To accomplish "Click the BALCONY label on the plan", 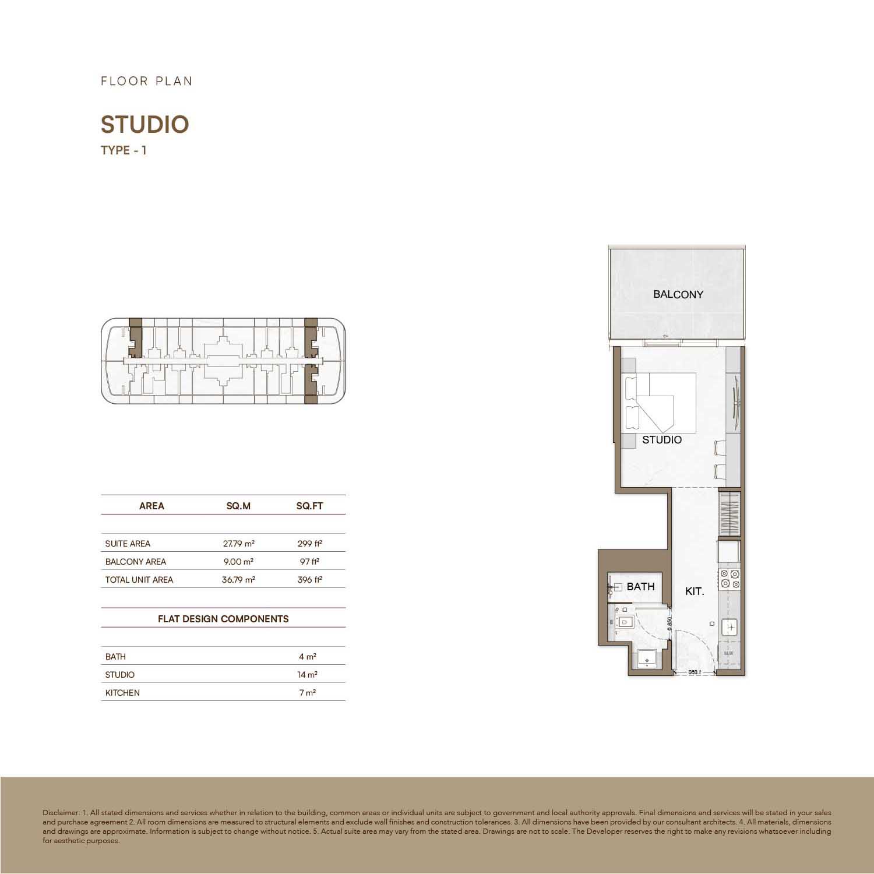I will tap(678, 294).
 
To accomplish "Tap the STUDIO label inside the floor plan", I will tap(661, 440).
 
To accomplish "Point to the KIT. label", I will tap(695, 591).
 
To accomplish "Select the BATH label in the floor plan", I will tap(640, 587).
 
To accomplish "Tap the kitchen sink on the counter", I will tap(730, 627).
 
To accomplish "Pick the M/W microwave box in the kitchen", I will tap(728, 654).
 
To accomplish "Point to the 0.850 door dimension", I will tap(669, 625).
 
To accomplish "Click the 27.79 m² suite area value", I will tap(238, 544).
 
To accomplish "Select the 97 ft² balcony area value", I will tap(309, 562).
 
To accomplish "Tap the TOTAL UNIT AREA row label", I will tap(139, 580).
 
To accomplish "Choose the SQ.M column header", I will tap(238, 506).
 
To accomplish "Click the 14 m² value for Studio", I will tap(307, 675).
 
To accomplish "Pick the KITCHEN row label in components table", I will tap(122, 693).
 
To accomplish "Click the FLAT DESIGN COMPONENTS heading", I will tap(223, 619).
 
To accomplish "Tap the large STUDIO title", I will tap(145, 125).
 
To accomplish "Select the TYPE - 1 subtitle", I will tap(124, 150).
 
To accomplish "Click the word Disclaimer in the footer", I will tap(60, 813).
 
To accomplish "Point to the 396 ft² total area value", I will tap(309, 580).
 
